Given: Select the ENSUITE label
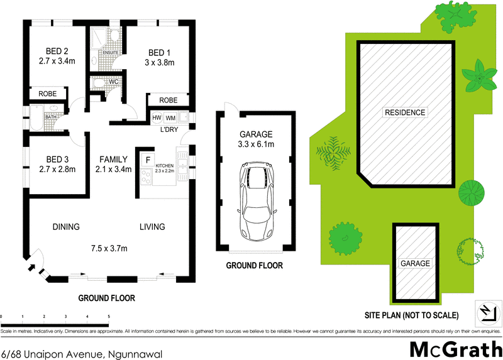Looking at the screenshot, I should pyautogui.click(x=102, y=53).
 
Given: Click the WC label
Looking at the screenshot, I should pyautogui.click(x=114, y=82).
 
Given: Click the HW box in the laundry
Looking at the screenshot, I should pyautogui.click(x=156, y=117).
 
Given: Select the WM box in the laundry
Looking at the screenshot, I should pyautogui.click(x=170, y=117).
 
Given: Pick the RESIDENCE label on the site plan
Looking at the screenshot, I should pyautogui.click(x=405, y=112).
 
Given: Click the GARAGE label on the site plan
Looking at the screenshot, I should pyautogui.click(x=415, y=263).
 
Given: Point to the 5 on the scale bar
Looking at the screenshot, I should pyautogui.click(x=109, y=317).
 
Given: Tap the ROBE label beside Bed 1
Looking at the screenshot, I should pyautogui.click(x=168, y=100).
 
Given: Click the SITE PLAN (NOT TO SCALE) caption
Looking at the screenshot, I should pyautogui.click(x=412, y=315).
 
